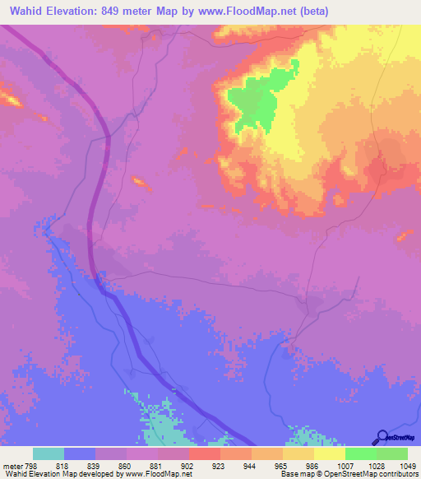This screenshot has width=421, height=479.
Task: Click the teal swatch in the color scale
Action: tap(49, 453)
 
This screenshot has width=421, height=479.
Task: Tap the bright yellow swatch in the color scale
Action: tap(330, 453)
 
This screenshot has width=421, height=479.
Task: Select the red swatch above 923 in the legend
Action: tap(205, 453)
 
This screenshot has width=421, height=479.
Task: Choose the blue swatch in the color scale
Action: tap(80, 453)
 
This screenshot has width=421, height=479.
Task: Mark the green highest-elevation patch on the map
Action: tap(259, 99)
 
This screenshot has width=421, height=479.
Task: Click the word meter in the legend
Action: tap(12, 465)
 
